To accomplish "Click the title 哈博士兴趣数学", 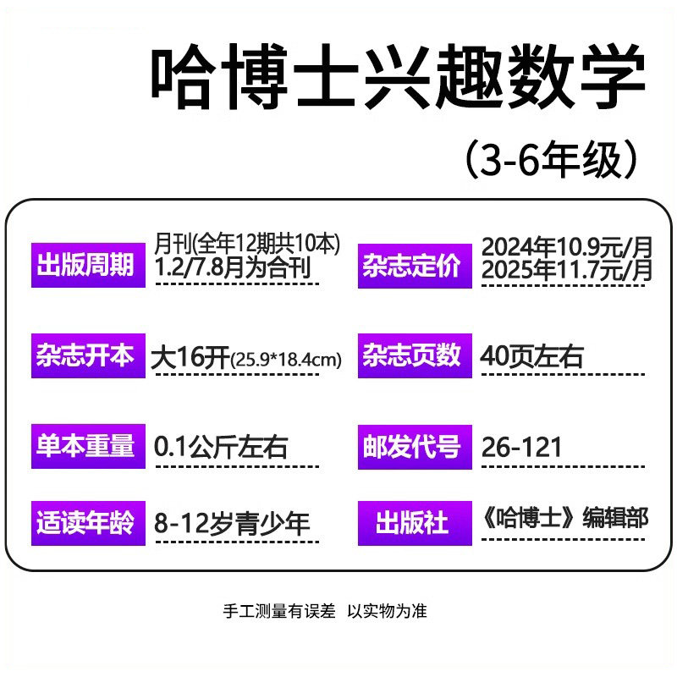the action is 398,80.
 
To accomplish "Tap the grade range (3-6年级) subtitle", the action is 551,158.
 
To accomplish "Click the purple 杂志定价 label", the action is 414,266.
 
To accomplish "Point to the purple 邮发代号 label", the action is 414,446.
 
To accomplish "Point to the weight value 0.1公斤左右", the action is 221,447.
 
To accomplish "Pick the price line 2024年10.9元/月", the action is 567,247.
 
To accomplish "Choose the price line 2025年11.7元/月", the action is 567,271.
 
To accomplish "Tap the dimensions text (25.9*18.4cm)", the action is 287,360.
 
